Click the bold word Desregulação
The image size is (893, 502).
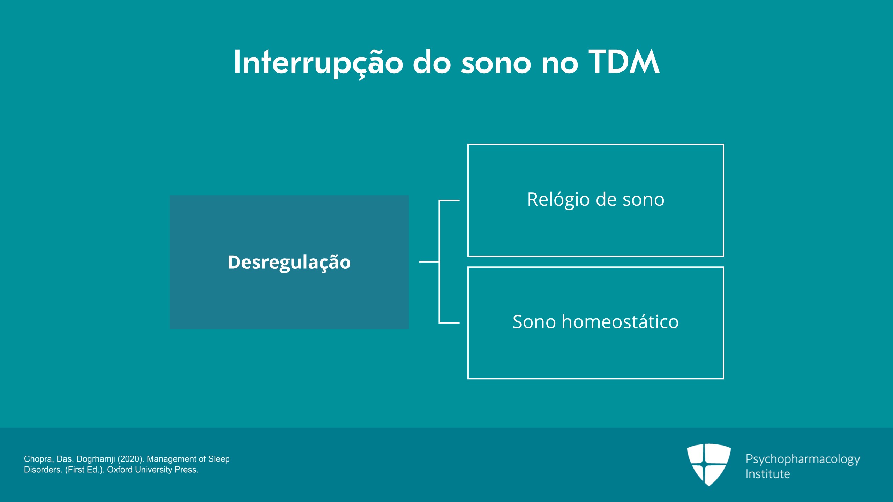click(289, 263)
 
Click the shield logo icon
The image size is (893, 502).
click(709, 464)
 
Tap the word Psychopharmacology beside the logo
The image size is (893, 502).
click(803, 459)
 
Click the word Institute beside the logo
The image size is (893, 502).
click(767, 474)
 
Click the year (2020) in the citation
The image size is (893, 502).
click(130, 459)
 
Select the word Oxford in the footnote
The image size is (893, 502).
click(120, 470)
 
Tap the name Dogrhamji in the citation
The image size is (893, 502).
click(96, 459)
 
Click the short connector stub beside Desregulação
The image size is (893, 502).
click(429, 261)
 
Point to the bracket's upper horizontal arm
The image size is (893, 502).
click(449, 201)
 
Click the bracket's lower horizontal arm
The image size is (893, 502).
click(449, 322)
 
